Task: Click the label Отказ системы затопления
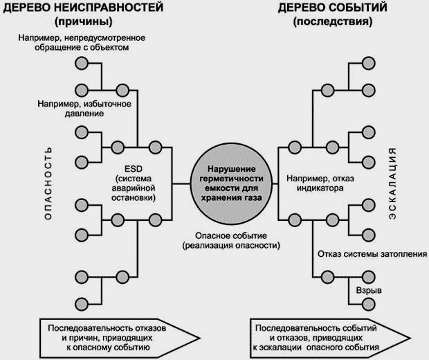(x=371, y=253)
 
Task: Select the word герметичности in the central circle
(x=223, y=178)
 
